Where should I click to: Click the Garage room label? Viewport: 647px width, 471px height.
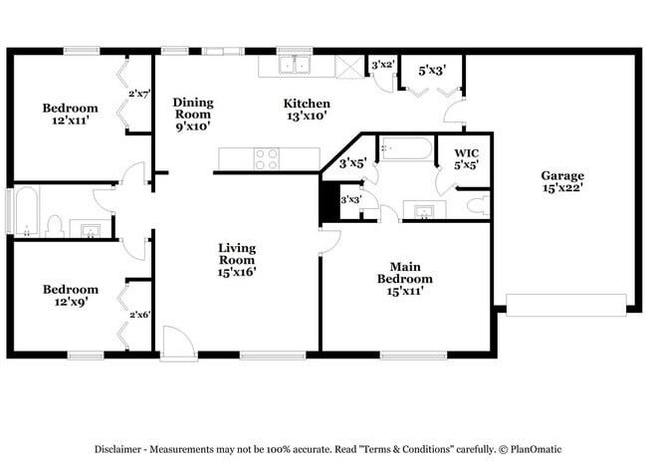pyautogui.click(x=562, y=182)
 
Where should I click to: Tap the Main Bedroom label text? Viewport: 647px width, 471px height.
pyautogui.click(x=403, y=273)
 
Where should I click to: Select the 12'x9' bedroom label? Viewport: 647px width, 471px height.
pyautogui.click(x=70, y=296)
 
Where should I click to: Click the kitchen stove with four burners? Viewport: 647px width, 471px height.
pyautogui.click(x=266, y=158)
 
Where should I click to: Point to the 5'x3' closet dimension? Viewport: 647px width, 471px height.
pyautogui.click(x=431, y=70)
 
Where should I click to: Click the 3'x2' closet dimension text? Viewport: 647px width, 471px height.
pyautogui.click(x=382, y=65)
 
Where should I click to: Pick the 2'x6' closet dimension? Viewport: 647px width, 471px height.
pyautogui.click(x=138, y=315)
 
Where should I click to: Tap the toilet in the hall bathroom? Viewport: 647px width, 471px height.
pyautogui.click(x=55, y=226)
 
